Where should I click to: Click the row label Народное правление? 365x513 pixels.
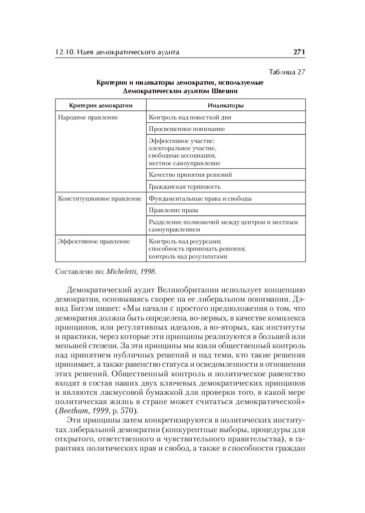click(88, 117)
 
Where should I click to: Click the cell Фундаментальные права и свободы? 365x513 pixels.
click(200, 198)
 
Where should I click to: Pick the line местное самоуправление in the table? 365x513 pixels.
click(184, 163)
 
